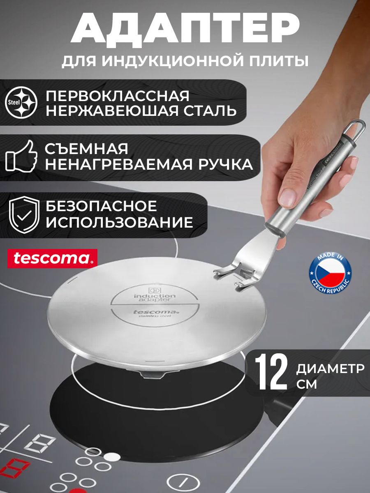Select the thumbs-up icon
[x=21, y=156]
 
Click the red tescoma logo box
[x=52, y=258]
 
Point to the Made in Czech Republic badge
[x=330, y=272]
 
